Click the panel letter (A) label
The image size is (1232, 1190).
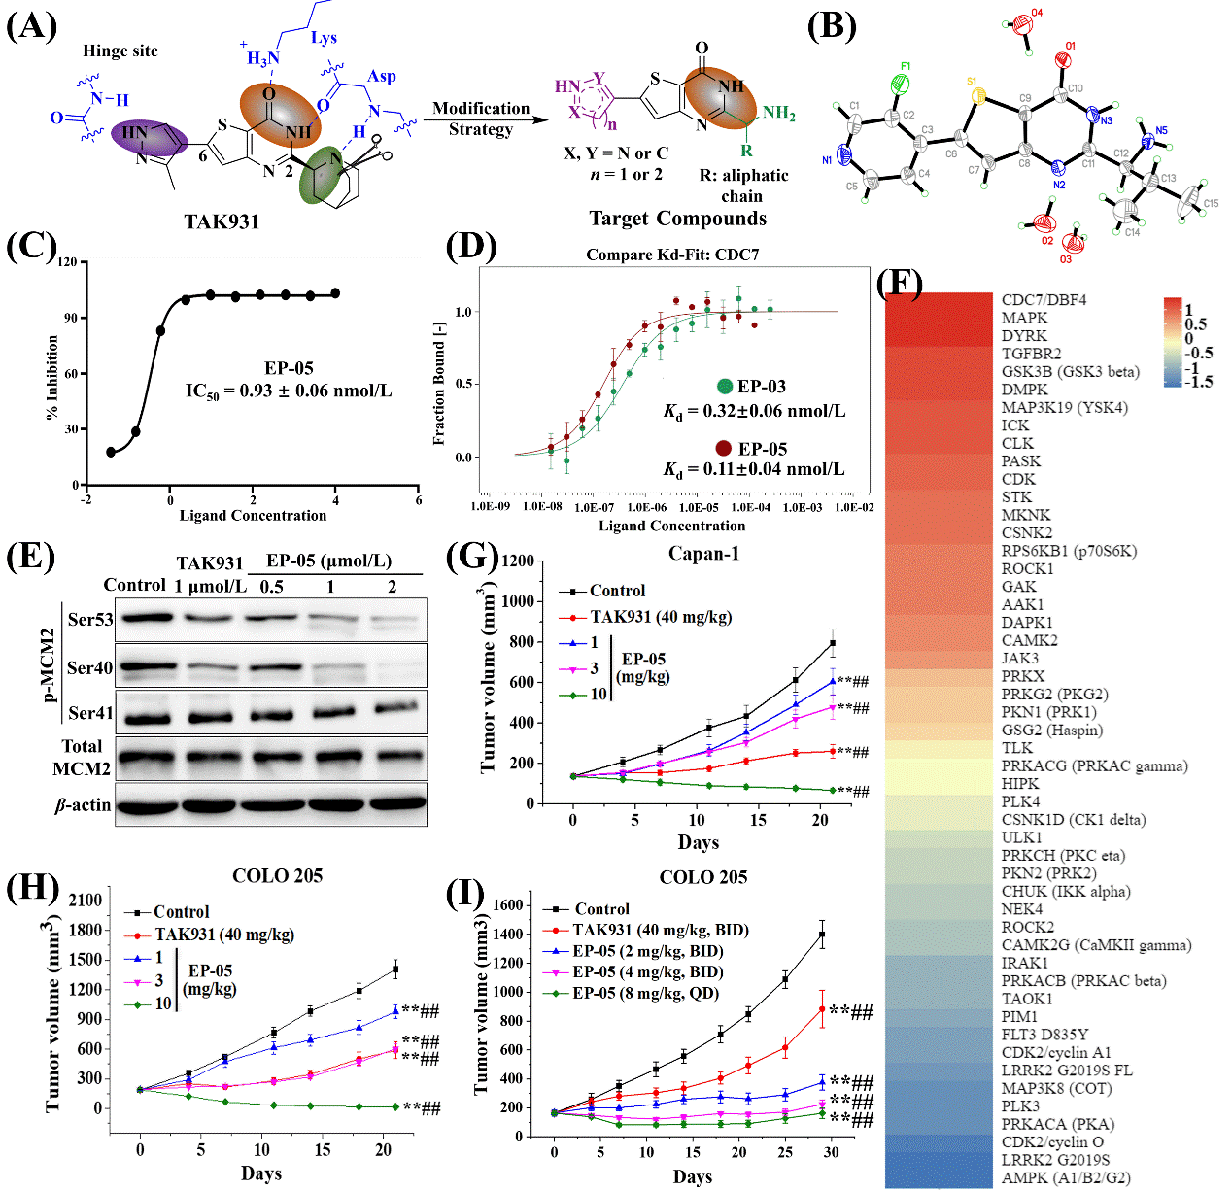32,26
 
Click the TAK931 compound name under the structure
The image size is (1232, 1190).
222,221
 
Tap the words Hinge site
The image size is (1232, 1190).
120,51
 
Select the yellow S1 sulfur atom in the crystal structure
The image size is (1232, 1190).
977,95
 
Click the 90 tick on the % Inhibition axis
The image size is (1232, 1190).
72,318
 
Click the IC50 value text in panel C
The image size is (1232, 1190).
289,391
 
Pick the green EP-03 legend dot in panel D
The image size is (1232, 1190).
725,387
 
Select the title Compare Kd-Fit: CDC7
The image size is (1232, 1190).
672,255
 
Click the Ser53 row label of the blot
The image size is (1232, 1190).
90,619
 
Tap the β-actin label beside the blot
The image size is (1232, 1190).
83,804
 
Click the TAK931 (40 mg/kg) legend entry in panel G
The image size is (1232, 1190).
661,617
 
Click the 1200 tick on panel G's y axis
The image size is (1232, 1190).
518,561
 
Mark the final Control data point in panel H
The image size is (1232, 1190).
395,969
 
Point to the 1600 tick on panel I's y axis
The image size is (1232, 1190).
508,905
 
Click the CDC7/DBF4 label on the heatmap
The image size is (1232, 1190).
1044,300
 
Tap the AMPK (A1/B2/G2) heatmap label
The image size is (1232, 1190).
1066,1178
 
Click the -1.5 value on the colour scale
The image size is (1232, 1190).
1200,382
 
